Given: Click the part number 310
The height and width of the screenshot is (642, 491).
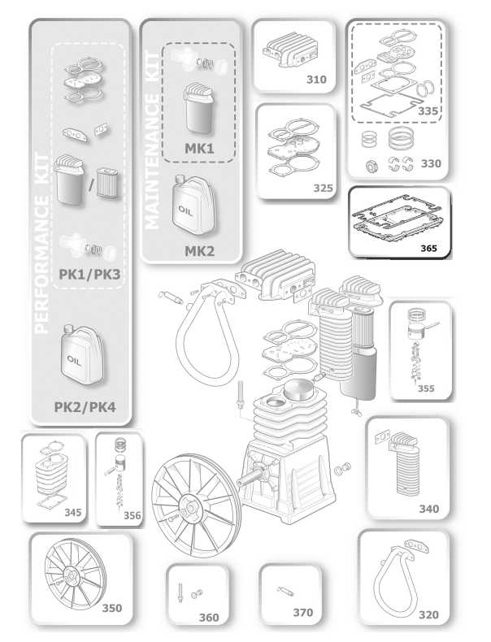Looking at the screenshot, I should pos(316,80).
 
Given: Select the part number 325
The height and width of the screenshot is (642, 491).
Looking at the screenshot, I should pos(324,189).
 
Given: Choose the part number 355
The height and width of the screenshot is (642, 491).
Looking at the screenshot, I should pos(426,388).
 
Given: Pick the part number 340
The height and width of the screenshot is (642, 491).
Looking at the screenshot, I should pos(428,509).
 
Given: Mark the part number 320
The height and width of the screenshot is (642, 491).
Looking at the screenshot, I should pos(428,614).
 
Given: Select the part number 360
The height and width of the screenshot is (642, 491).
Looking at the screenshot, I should pos(209,618).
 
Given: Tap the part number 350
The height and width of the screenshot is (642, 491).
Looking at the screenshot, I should pos(111,607).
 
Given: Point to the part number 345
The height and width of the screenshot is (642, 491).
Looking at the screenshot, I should pos(72,513).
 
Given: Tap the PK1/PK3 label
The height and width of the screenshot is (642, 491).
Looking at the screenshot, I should pos(90,274).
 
